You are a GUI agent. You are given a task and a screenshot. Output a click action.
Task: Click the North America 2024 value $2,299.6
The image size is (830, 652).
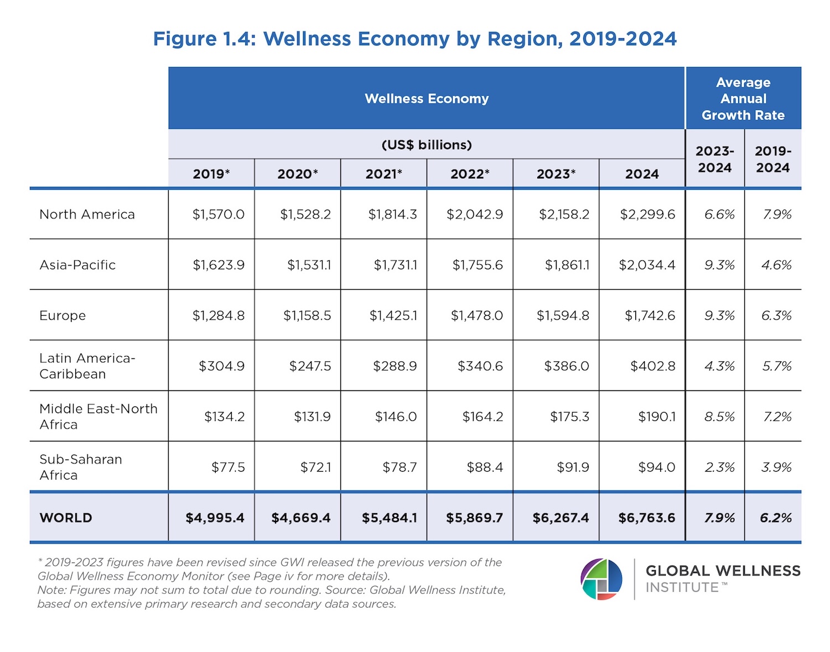(647, 215)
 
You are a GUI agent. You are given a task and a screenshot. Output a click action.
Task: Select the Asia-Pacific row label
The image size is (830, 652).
(77, 265)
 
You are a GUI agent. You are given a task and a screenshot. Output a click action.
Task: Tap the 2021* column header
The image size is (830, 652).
(383, 174)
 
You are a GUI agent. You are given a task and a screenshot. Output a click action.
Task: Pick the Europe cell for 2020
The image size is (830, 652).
(307, 316)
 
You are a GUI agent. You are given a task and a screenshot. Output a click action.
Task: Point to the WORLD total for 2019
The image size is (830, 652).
(215, 518)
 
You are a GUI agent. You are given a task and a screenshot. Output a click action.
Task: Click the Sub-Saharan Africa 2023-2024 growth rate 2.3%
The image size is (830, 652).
(719, 467)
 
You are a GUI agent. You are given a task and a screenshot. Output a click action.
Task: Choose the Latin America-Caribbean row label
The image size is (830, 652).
(87, 366)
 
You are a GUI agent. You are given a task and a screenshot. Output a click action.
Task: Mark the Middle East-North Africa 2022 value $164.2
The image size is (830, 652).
(483, 417)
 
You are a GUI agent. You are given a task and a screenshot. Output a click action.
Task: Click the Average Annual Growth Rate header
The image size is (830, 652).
(743, 98)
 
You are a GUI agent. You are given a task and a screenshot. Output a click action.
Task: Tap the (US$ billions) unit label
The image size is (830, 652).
(427, 145)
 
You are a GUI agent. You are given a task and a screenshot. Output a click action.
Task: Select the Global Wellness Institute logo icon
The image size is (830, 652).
(601, 580)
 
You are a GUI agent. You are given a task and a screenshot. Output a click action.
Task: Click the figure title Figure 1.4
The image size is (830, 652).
(414, 39)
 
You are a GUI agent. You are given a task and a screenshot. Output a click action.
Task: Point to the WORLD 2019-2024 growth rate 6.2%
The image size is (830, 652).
(776, 518)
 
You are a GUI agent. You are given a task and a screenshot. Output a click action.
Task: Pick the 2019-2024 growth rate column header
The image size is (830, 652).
(773, 159)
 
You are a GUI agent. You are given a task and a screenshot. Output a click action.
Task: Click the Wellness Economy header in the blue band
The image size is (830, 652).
(427, 98)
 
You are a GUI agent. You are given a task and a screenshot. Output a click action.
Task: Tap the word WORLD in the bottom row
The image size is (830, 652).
(66, 518)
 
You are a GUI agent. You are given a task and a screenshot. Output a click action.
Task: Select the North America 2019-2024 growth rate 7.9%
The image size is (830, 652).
(777, 215)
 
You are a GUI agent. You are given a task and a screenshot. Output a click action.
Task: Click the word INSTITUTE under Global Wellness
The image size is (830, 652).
(682, 588)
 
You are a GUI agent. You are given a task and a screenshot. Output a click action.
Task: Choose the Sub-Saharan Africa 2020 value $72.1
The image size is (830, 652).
(315, 467)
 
